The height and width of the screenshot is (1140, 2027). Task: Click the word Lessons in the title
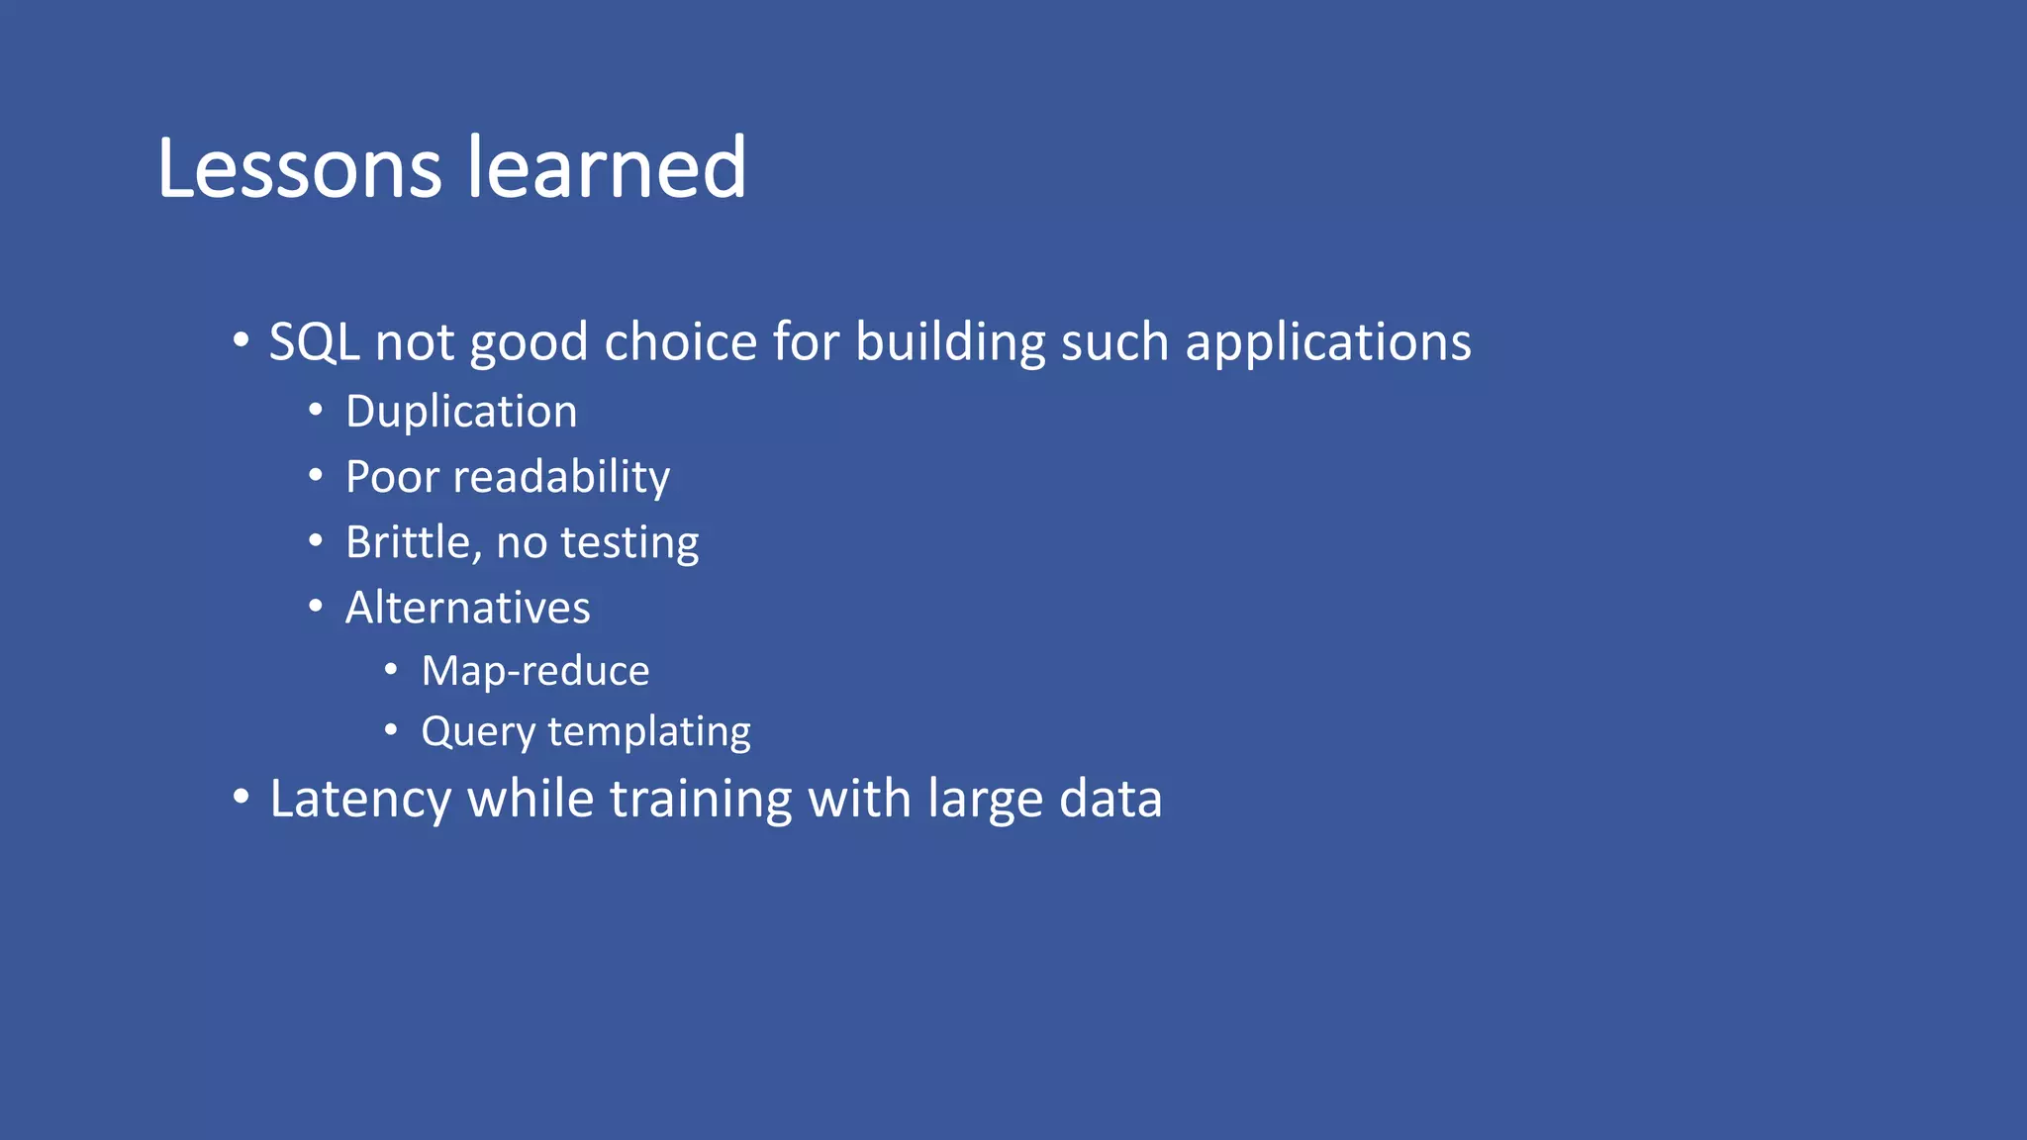coord(299,168)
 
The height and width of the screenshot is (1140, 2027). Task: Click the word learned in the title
coord(607,168)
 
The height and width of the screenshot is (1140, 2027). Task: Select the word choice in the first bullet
coord(681,342)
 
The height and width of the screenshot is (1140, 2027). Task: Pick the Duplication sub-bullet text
coord(461,412)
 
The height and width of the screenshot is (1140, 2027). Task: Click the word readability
coord(561,478)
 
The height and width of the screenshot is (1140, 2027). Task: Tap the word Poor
coord(392,477)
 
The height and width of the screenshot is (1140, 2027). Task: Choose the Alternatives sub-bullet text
coord(467,608)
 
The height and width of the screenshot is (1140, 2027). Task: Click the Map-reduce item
coord(535,671)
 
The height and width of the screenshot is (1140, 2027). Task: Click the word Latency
coord(360,800)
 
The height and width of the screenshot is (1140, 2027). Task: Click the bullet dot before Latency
coord(241,797)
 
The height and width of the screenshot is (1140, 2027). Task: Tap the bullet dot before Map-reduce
coord(391,670)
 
